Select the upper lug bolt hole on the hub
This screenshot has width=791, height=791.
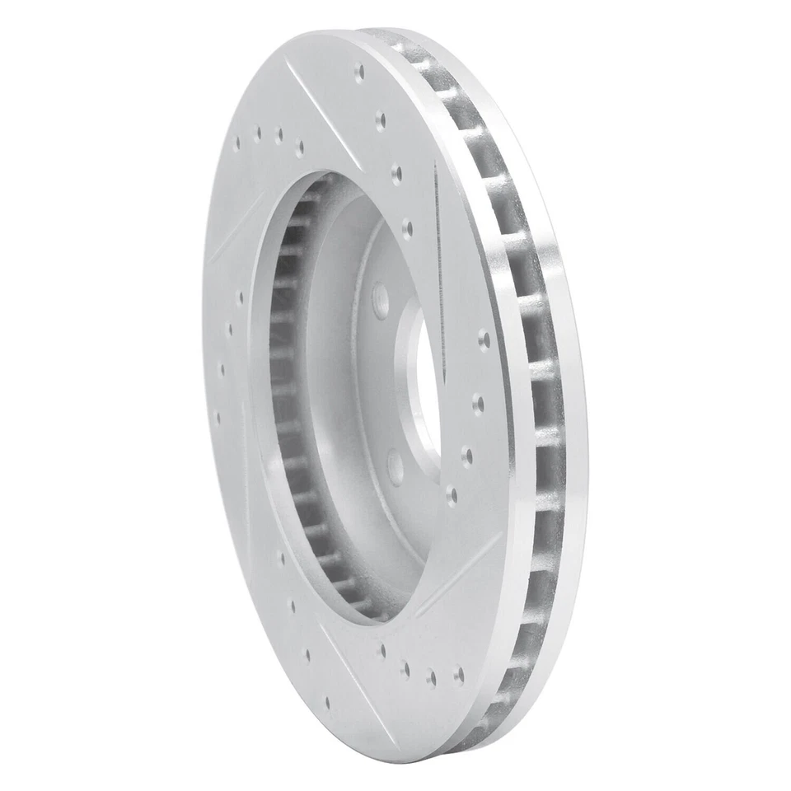click(380, 300)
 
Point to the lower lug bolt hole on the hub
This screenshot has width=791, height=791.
click(395, 466)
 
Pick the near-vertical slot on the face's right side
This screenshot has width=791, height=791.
click(438, 272)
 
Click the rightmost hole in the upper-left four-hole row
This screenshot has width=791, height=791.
click(298, 147)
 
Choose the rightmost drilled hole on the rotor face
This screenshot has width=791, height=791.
click(484, 339)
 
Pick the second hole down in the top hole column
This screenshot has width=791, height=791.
click(380, 120)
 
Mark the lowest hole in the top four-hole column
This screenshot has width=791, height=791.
click(406, 227)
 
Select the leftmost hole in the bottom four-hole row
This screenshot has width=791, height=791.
click(382, 651)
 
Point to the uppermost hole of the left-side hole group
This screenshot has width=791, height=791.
click(240, 297)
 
